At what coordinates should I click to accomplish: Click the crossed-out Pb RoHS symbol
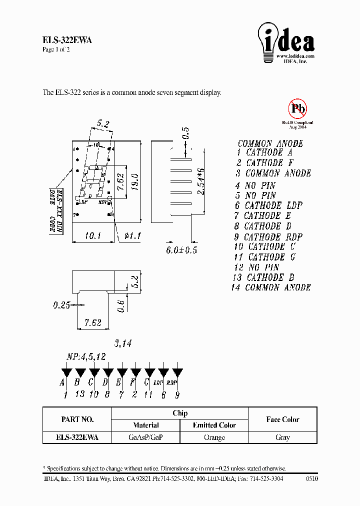point(297,108)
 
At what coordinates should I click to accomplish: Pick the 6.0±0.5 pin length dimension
point(181,250)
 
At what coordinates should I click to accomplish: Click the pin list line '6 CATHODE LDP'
point(268,205)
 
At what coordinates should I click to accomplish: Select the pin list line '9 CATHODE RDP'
point(268,237)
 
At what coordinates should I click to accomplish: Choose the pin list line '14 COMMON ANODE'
point(271,287)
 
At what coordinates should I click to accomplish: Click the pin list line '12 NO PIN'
point(256,267)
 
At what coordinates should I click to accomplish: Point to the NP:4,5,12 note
point(86,357)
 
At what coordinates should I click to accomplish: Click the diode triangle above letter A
point(65,373)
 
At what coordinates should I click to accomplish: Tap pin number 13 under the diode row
point(79,394)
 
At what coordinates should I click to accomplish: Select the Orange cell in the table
point(214,437)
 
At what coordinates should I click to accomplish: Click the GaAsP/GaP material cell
point(145,437)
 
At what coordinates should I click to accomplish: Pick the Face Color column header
point(282,419)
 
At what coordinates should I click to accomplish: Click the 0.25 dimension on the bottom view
point(61,305)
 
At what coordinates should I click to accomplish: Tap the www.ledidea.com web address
point(295,56)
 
